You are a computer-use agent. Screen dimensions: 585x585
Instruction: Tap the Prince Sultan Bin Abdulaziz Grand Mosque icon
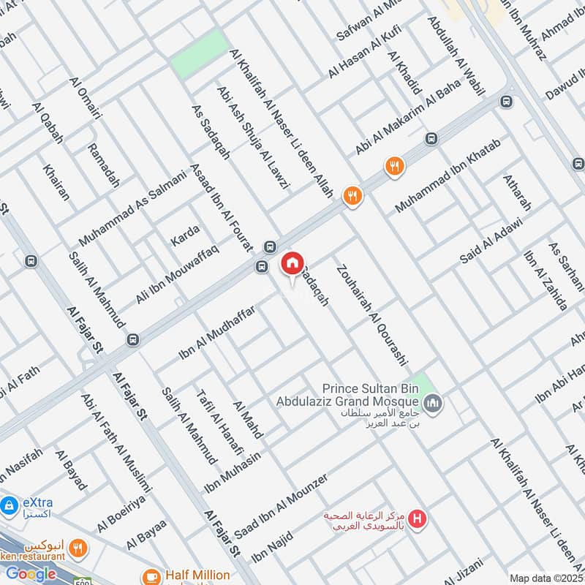434,403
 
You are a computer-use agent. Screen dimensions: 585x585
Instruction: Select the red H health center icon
417,520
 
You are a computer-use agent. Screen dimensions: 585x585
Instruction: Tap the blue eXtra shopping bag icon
10,505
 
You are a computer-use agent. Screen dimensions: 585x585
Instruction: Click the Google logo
31,574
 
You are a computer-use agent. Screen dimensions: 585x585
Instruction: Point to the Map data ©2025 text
546,578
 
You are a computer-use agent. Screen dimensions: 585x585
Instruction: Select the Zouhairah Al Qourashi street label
371,315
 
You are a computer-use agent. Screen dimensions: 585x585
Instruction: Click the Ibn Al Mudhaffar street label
216,333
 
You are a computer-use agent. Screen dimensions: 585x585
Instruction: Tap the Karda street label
184,235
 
